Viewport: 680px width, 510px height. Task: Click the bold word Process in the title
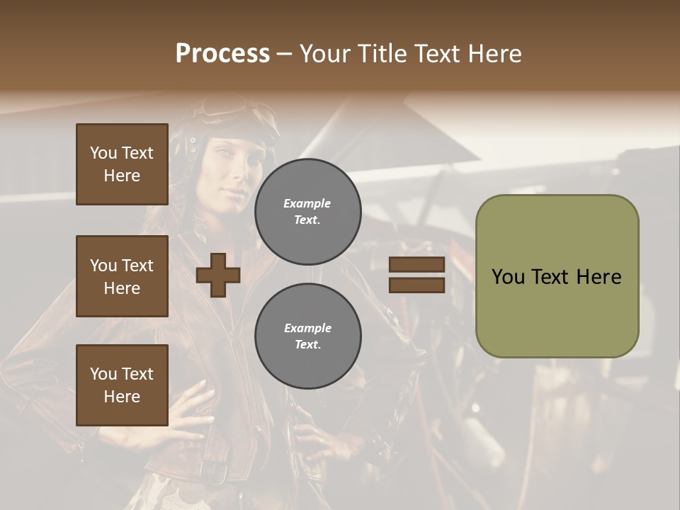tap(222, 54)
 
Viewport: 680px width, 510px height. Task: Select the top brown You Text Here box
tap(122, 164)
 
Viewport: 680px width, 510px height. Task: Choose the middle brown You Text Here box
tap(122, 276)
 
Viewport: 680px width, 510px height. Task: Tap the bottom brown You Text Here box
tap(122, 385)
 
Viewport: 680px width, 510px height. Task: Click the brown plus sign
tap(218, 275)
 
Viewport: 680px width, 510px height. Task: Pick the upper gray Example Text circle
tap(307, 211)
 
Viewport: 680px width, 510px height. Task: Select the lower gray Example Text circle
tap(307, 336)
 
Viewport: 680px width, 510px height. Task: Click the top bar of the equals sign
tap(416, 265)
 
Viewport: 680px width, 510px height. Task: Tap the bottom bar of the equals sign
tap(416, 285)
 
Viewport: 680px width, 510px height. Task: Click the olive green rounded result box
tap(557, 312)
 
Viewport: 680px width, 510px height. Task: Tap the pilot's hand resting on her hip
tap(186, 411)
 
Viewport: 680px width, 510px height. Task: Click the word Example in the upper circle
tap(307, 203)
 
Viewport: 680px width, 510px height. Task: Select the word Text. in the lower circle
tap(307, 345)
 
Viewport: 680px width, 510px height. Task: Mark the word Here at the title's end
tap(495, 54)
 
